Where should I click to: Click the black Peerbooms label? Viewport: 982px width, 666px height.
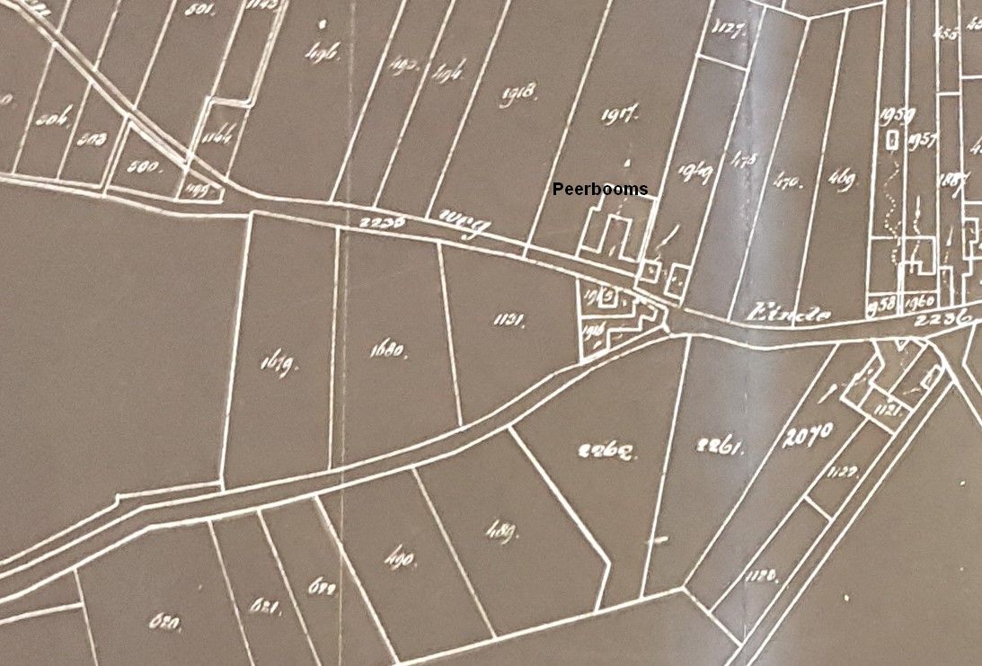pyautogui.click(x=599, y=190)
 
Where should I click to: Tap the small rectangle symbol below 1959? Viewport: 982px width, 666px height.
pyautogui.click(x=891, y=141)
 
